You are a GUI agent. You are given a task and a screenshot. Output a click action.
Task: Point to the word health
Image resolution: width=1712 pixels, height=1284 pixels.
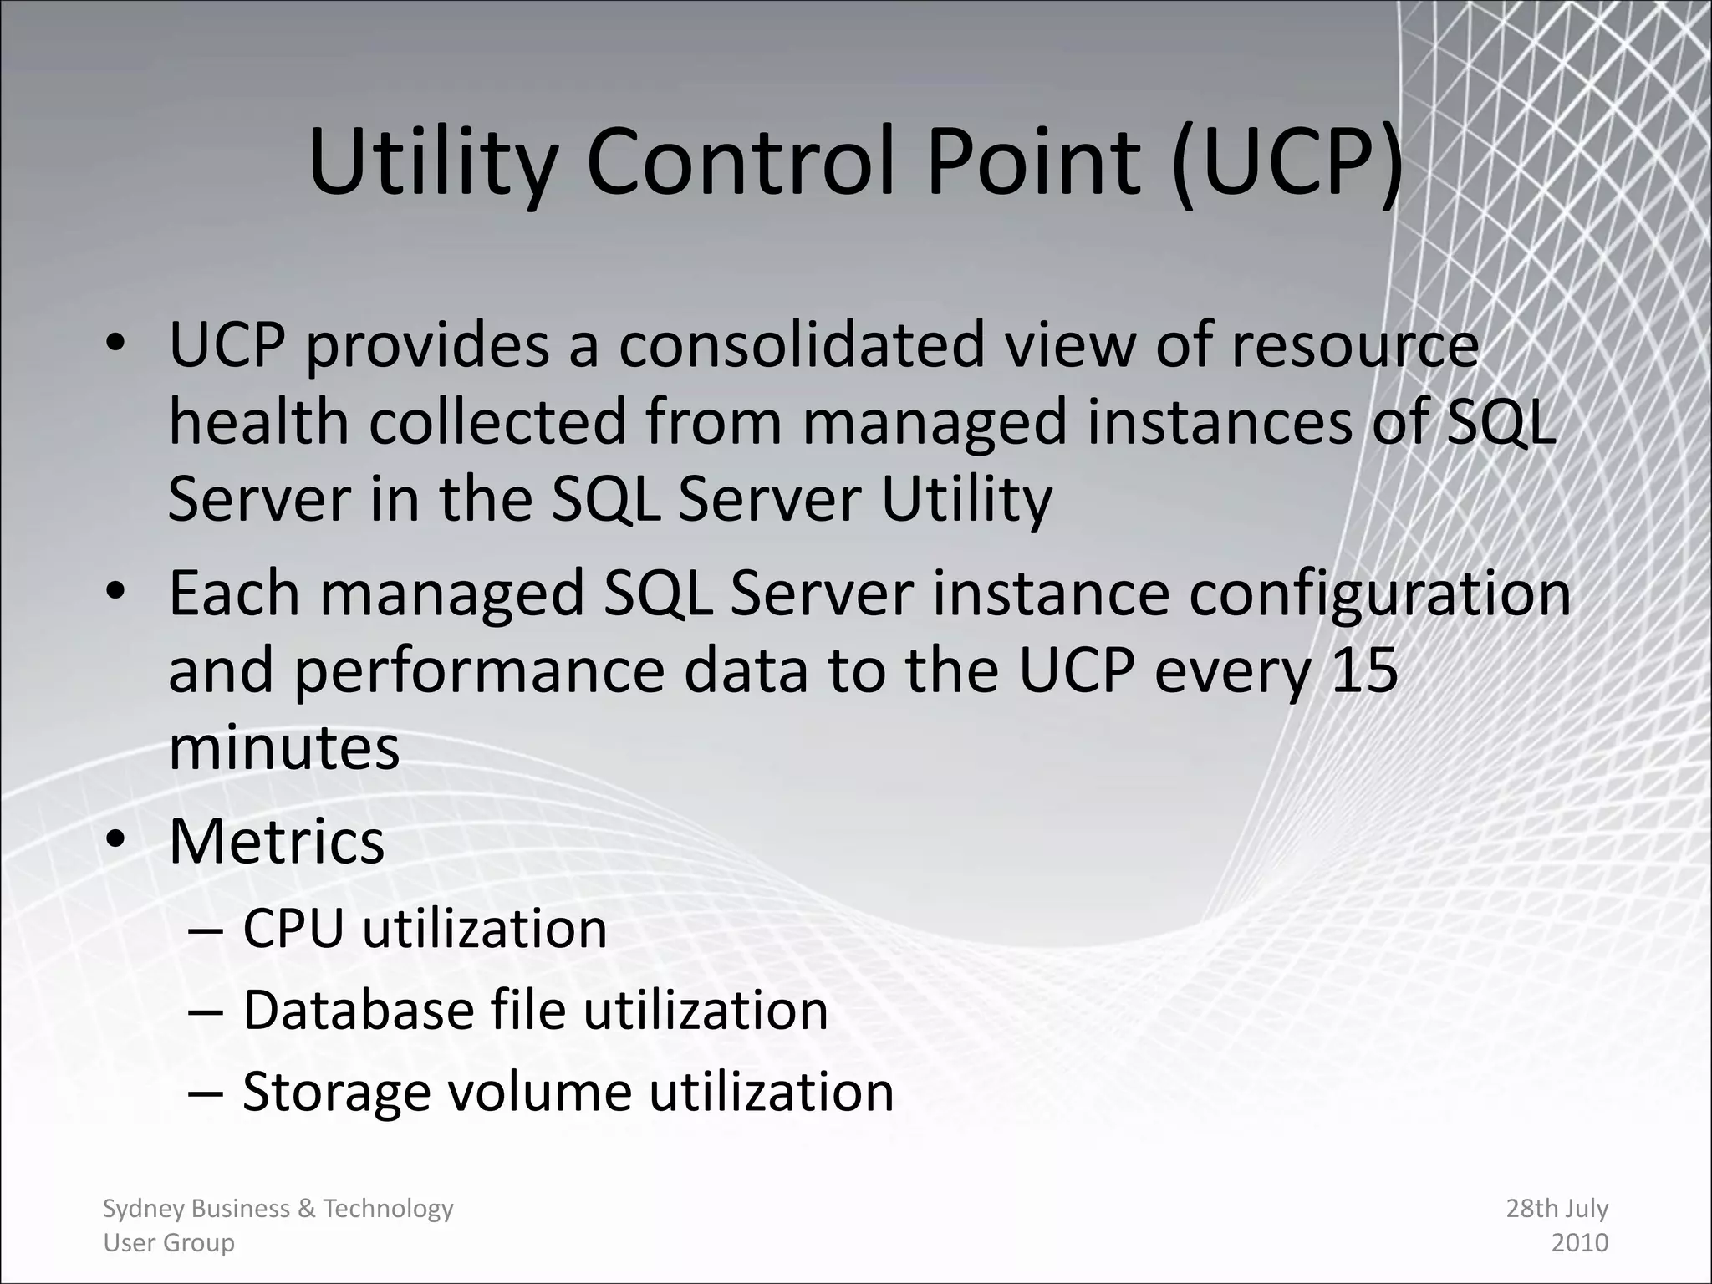[x=259, y=421]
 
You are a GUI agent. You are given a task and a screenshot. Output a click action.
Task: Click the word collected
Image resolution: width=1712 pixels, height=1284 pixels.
[x=498, y=421]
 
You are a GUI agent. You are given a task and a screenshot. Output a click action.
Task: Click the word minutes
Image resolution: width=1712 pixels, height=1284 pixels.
[x=284, y=747]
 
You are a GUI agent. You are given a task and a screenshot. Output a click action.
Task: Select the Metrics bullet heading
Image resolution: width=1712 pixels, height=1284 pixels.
[x=277, y=841]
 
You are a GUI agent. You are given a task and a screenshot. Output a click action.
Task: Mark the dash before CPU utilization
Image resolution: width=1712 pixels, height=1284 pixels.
[x=206, y=930]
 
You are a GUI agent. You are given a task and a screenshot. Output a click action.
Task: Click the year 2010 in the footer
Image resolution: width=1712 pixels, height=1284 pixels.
[x=1580, y=1242]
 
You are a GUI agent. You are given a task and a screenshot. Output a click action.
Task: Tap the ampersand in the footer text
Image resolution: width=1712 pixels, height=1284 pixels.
[x=306, y=1209]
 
